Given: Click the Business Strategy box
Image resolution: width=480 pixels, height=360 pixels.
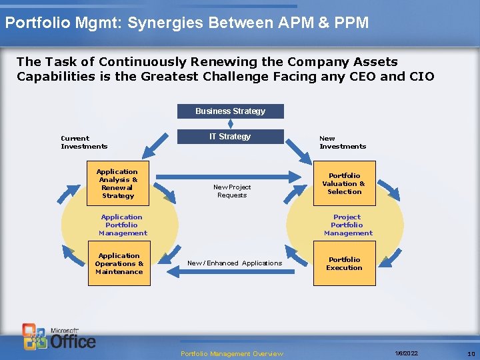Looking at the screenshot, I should coord(230,111).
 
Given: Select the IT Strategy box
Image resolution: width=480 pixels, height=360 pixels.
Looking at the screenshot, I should coord(230,137).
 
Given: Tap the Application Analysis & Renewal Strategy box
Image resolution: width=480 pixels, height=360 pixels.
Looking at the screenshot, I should coord(117,184).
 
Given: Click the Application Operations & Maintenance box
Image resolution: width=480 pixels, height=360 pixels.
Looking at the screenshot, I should coord(119,264).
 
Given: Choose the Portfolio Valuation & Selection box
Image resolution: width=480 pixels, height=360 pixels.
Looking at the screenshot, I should coord(344,183).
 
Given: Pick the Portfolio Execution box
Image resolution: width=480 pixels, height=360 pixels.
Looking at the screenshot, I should coord(344,264).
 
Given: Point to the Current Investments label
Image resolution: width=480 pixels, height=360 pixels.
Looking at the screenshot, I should coord(84,143).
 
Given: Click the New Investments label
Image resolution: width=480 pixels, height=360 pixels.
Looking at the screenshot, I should coord(343,143).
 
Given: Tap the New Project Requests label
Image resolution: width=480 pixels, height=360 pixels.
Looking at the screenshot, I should coord(232,191).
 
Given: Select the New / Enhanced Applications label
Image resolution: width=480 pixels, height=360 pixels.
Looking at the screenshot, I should coord(235,263).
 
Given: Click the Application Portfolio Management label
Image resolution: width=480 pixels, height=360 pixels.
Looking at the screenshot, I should coord(123,225).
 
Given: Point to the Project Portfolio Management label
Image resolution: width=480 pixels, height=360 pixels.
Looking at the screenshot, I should coord(348,225).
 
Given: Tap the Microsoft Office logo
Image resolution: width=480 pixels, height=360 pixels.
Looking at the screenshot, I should coord(60,337).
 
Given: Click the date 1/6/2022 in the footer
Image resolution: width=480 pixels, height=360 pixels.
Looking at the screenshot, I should coord(406,353).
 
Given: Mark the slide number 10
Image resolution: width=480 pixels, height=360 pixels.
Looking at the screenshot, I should coord(471,353).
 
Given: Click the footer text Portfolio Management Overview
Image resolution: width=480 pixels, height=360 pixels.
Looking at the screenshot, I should coord(232,353).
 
